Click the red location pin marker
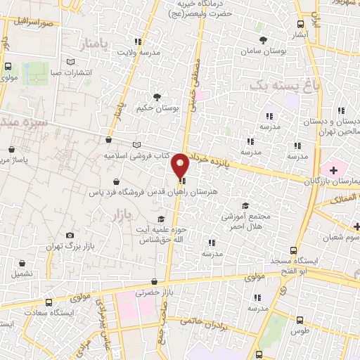tap(181, 165)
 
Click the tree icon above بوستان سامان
tap(264, 39)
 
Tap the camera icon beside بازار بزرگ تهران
tap(70, 235)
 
